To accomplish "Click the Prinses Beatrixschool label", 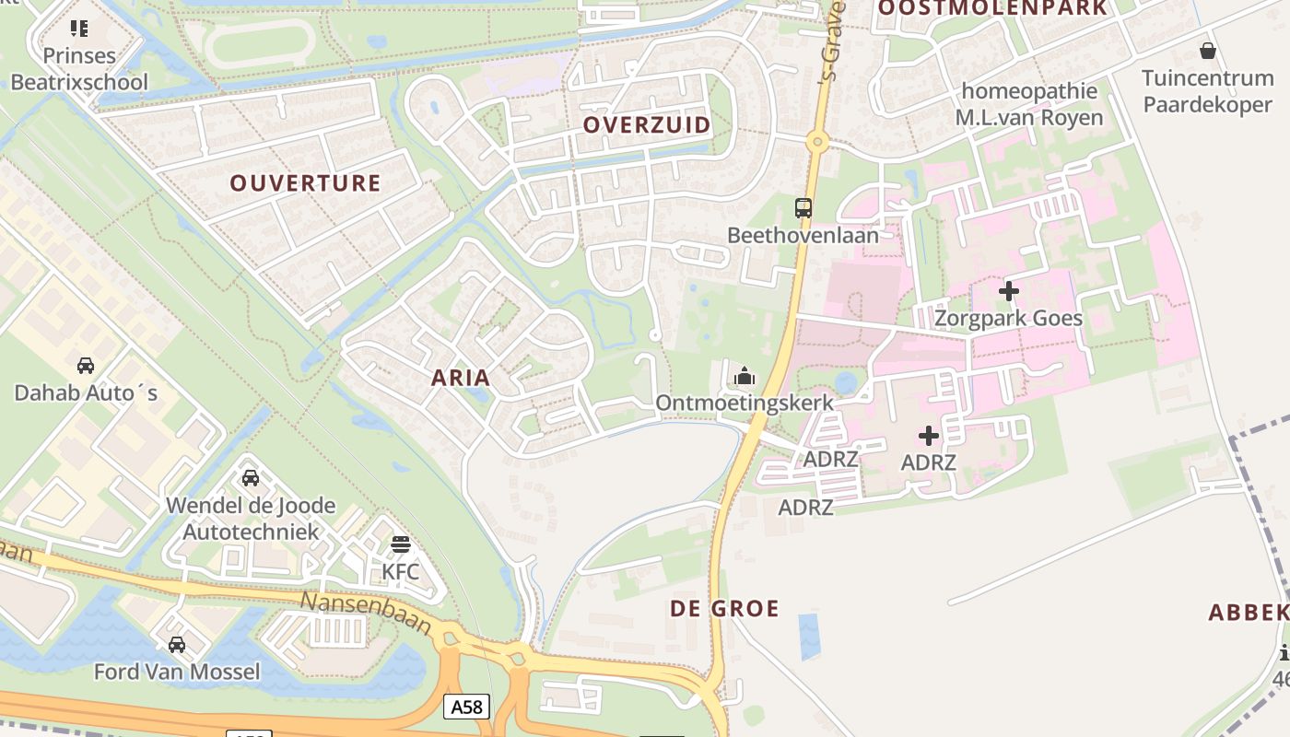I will point(78,69).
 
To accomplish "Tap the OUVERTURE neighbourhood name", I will point(305,182).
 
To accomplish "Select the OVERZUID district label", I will point(647,124).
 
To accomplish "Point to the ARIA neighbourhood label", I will point(461,378).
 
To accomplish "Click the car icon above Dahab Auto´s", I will point(86,366).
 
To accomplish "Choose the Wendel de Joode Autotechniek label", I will point(251,519).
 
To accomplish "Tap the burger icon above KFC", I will point(400,544).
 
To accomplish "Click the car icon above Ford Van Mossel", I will point(177,645).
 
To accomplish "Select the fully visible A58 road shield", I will point(466,707).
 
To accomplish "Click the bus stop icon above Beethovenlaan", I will point(803,208).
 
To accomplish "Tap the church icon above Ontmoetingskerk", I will point(744,376).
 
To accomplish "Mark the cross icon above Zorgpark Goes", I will point(1009,291).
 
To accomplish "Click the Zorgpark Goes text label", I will point(1008,319).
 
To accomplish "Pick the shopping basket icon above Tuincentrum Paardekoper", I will point(1207,51).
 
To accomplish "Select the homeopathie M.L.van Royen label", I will point(1029,104).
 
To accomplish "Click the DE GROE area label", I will point(724,608).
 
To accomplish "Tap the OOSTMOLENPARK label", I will point(992,8).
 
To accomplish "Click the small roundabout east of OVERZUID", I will point(816,142).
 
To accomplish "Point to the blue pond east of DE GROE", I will point(809,637).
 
